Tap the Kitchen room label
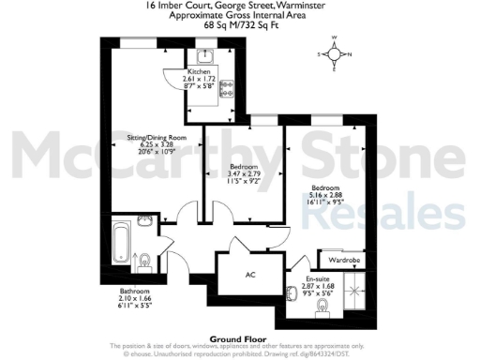(x=199, y=71)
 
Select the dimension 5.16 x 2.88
(x=326, y=192)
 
